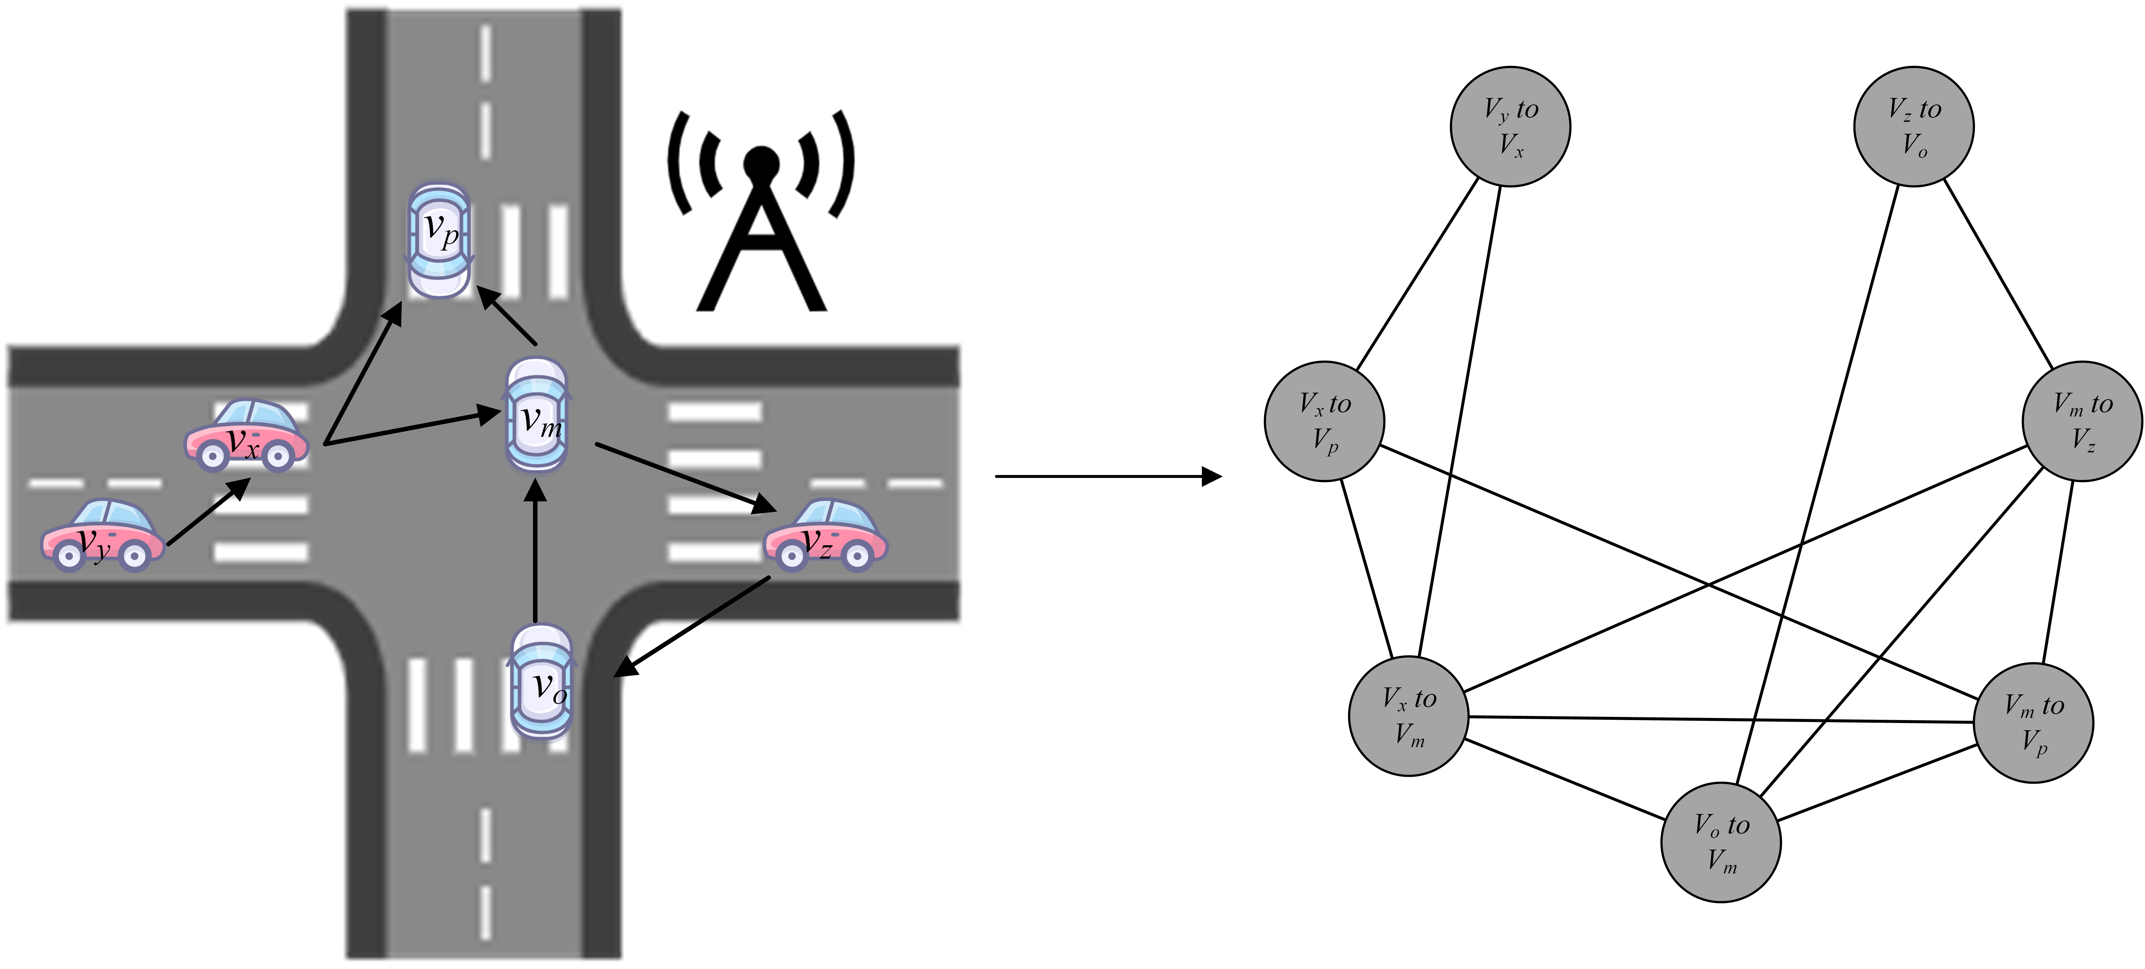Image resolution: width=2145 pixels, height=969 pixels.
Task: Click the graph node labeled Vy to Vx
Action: coord(1510,127)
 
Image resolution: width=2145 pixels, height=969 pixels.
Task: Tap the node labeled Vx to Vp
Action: coord(1324,421)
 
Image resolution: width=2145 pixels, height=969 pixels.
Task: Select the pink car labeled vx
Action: coord(247,436)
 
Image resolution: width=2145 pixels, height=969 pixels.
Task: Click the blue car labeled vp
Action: coord(439,240)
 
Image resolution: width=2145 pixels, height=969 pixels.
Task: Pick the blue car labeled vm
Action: coord(537,415)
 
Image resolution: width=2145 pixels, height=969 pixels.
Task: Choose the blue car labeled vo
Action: coord(541,683)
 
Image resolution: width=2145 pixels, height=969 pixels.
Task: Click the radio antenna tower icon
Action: coord(761,217)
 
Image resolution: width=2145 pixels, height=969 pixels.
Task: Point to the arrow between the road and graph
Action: coord(1107,476)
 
